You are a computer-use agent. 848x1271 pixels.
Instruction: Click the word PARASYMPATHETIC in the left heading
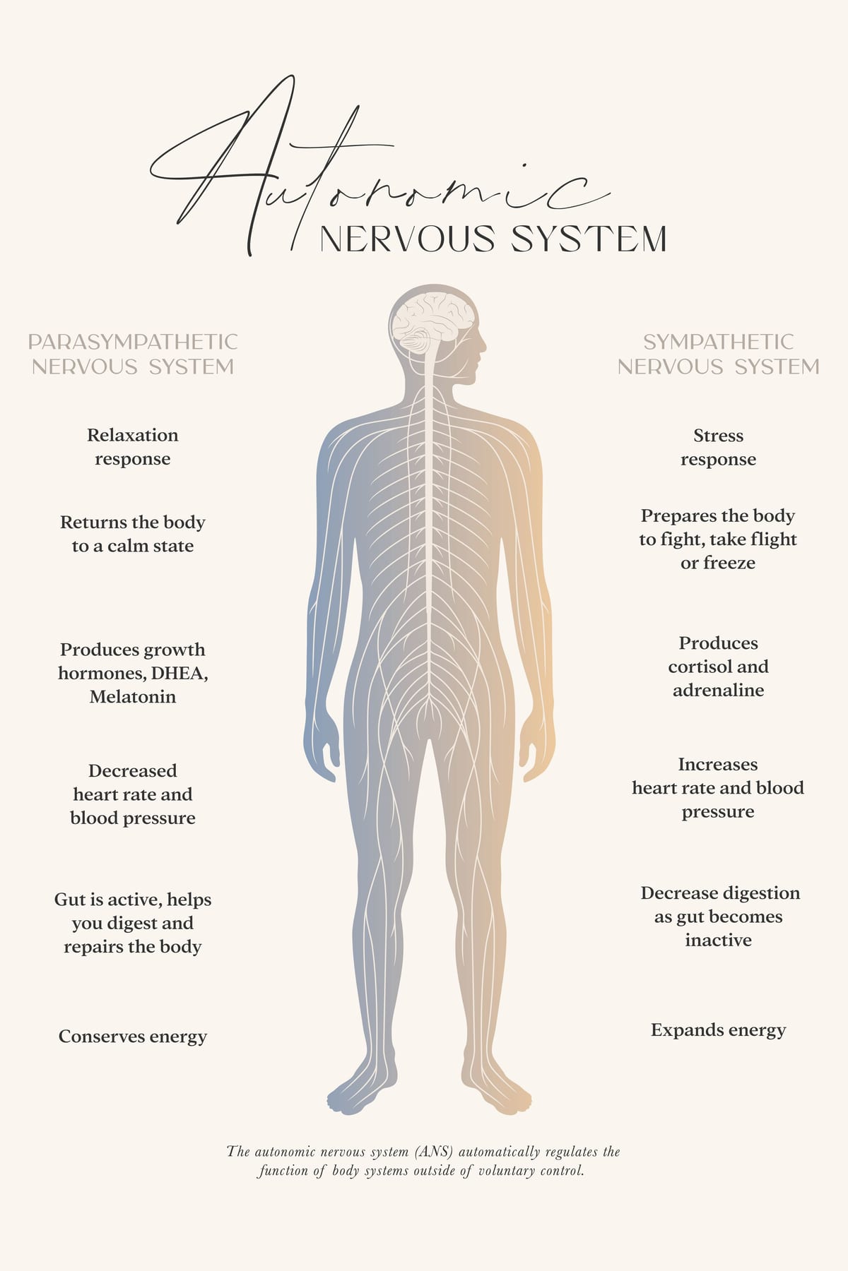[x=133, y=342]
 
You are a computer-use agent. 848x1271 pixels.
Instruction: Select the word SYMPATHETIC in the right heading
[x=719, y=342]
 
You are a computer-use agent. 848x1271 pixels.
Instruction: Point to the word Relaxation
[x=133, y=435]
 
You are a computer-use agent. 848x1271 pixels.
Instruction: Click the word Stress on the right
[x=719, y=436]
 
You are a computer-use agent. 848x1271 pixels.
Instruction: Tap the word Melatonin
[x=133, y=697]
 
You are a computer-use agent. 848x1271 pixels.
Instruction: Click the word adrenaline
[x=719, y=690]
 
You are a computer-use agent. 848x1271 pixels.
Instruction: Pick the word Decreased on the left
[x=133, y=770]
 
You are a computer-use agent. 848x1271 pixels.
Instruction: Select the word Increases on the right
[x=718, y=764]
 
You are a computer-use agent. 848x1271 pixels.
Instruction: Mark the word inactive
[x=718, y=940]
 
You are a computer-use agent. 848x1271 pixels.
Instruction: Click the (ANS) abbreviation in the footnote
[x=435, y=1152]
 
